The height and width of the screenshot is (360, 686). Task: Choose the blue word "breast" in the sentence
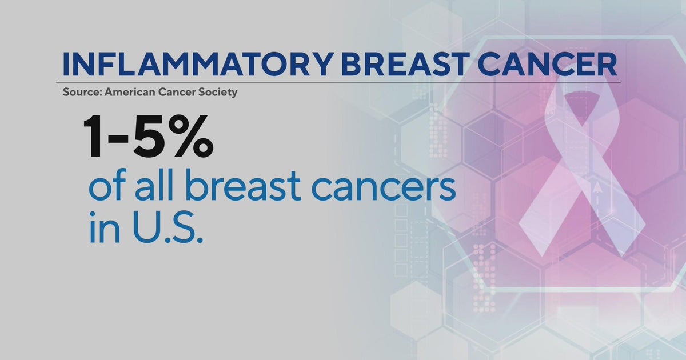[233, 189]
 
